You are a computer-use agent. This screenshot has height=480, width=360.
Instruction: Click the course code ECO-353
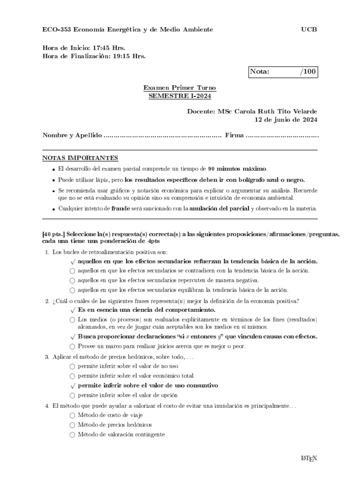pyautogui.click(x=57, y=30)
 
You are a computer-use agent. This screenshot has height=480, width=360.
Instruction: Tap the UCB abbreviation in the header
pyautogui.click(x=309, y=30)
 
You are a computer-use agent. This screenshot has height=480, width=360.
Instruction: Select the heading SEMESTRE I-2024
pyautogui.click(x=180, y=96)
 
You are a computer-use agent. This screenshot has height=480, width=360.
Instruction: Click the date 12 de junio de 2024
pyautogui.click(x=285, y=120)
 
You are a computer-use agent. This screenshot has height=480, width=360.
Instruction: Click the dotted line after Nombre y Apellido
pyautogui.click(x=162, y=135)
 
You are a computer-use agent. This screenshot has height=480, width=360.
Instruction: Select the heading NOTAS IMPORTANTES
pyautogui.click(x=80, y=158)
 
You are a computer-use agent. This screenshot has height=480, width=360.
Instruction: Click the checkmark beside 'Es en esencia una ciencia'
pyautogui.click(x=72, y=310)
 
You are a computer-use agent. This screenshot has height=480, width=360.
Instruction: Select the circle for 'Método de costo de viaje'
pyautogui.click(x=72, y=415)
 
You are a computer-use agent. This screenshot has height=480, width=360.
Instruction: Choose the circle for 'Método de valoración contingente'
pyautogui.click(x=72, y=435)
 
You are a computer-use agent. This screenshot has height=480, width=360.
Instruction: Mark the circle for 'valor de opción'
pyautogui.click(x=72, y=396)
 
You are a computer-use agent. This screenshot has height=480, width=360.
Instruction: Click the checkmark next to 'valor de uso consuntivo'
pyautogui.click(x=72, y=386)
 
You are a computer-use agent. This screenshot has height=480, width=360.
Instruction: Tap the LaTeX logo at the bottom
pyautogui.click(x=309, y=458)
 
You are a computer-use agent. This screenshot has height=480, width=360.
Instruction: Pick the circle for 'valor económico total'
pyautogui.click(x=72, y=376)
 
